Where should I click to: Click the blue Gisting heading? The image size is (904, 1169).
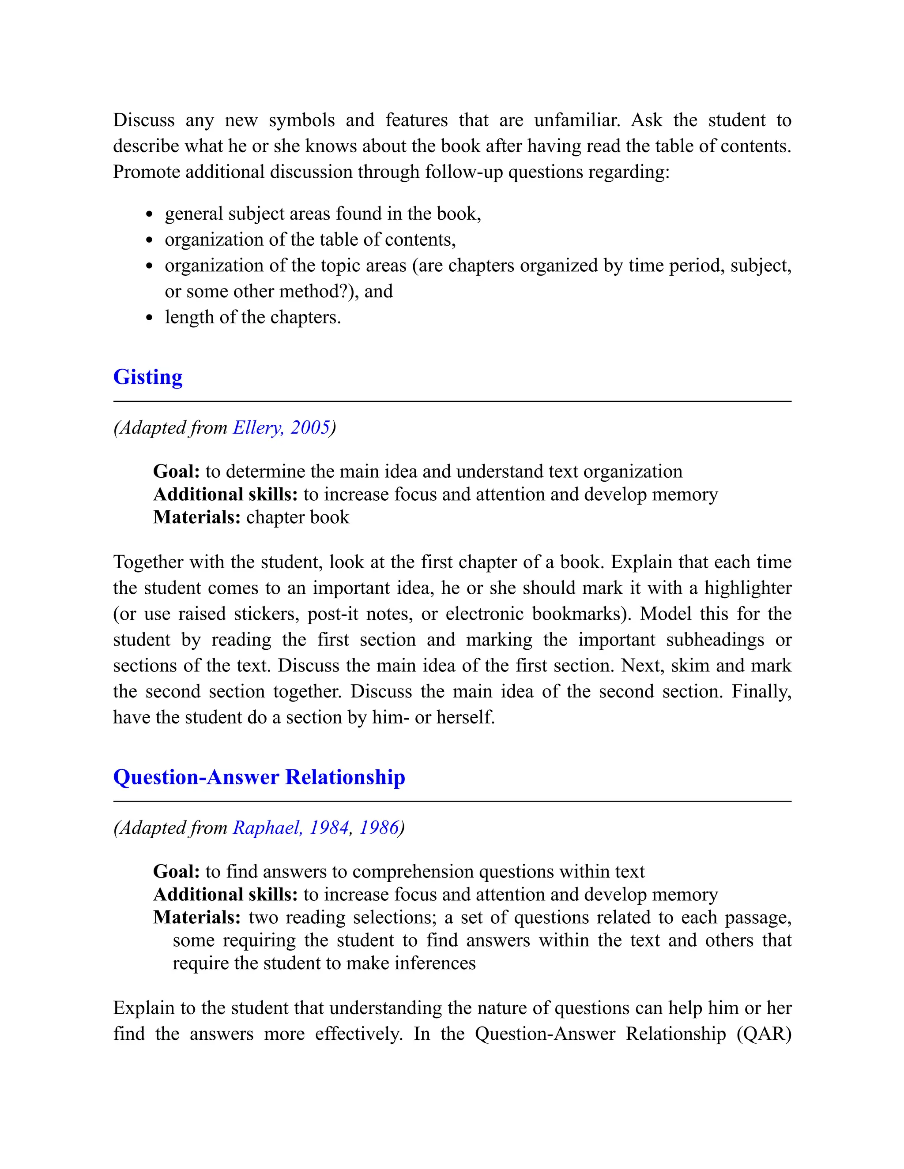click(x=148, y=377)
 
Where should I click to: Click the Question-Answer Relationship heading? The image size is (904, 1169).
click(x=259, y=777)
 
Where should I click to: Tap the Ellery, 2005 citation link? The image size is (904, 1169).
click(x=281, y=427)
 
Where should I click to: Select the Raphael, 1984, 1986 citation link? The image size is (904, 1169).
click(x=316, y=828)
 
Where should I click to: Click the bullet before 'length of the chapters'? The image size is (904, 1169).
click(x=150, y=318)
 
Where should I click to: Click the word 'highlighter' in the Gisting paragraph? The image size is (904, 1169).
click(x=748, y=588)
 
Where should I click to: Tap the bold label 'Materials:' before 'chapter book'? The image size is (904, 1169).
click(x=196, y=517)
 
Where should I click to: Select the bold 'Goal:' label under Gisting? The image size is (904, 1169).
click(x=176, y=471)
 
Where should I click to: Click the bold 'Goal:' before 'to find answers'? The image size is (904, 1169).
click(x=176, y=871)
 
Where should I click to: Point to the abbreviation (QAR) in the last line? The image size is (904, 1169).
click(x=764, y=1034)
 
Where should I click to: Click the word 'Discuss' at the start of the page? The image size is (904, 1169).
click(x=143, y=120)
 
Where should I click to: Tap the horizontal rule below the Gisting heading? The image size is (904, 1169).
click(x=452, y=401)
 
